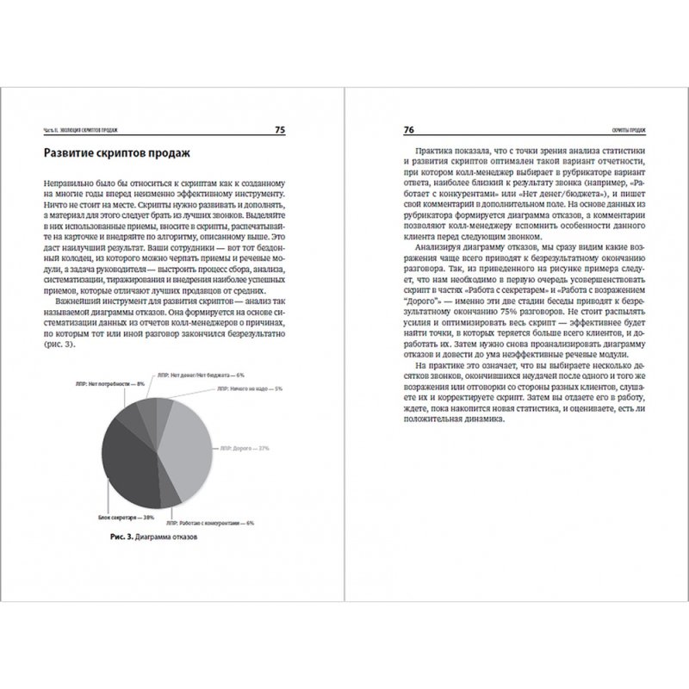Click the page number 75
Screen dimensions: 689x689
(x=281, y=130)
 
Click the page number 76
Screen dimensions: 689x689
(x=409, y=130)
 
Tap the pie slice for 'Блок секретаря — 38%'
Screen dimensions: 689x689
(x=129, y=448)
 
